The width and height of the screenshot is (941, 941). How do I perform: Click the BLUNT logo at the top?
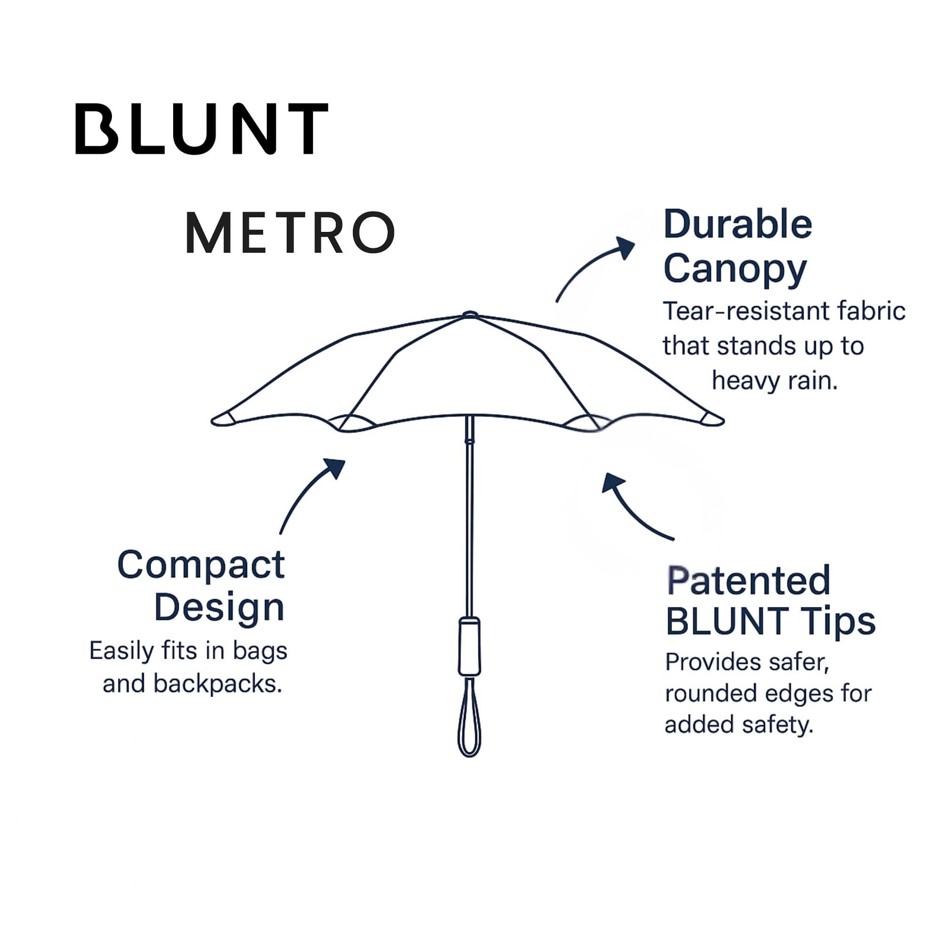click(201, 129)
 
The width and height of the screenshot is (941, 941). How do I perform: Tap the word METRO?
click(290, 232)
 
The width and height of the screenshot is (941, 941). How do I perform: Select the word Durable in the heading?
click(737, 225)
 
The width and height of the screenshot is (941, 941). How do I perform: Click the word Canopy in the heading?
click(735, 269)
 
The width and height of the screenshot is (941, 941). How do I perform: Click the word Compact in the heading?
click(201, 565)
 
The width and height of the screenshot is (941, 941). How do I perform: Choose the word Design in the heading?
click(219, 608)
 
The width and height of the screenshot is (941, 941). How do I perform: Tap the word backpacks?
click(217, 684)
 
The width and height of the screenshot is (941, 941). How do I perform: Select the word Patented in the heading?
click(748, 581)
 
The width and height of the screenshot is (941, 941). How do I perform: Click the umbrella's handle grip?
click(470, 646)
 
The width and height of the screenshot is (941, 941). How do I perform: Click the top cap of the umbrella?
click(470, 315)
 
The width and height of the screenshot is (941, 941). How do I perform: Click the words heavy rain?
click(774, 381)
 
